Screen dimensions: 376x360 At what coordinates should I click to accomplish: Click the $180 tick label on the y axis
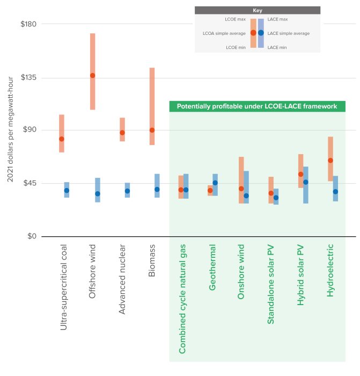(x=25, y=24)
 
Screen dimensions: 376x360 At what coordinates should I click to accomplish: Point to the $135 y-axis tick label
(x=25, y=77)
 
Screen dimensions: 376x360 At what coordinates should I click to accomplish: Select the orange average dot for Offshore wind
(x=92, y=75)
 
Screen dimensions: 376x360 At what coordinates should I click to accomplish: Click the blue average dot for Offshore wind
(x=98, y=193)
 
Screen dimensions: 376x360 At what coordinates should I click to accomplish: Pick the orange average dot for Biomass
(x=152, y=130)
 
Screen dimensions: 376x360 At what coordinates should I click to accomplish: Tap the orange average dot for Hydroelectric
(x=330, y=160)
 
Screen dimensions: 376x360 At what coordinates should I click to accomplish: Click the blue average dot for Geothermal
(x=215, y=183)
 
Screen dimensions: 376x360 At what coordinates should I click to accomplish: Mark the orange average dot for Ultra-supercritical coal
(x=62, y=139)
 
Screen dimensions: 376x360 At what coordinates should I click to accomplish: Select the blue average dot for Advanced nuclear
(x=127, y=191)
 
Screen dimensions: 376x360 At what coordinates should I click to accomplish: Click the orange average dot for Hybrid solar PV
(x=300, y=174)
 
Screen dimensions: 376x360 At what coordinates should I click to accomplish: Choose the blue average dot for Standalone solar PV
(x=276, y=198)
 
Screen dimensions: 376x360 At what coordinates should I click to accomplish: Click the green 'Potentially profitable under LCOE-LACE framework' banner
(x=257, y=107)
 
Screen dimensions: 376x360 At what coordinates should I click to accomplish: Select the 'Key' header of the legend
(x=257, y=10)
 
